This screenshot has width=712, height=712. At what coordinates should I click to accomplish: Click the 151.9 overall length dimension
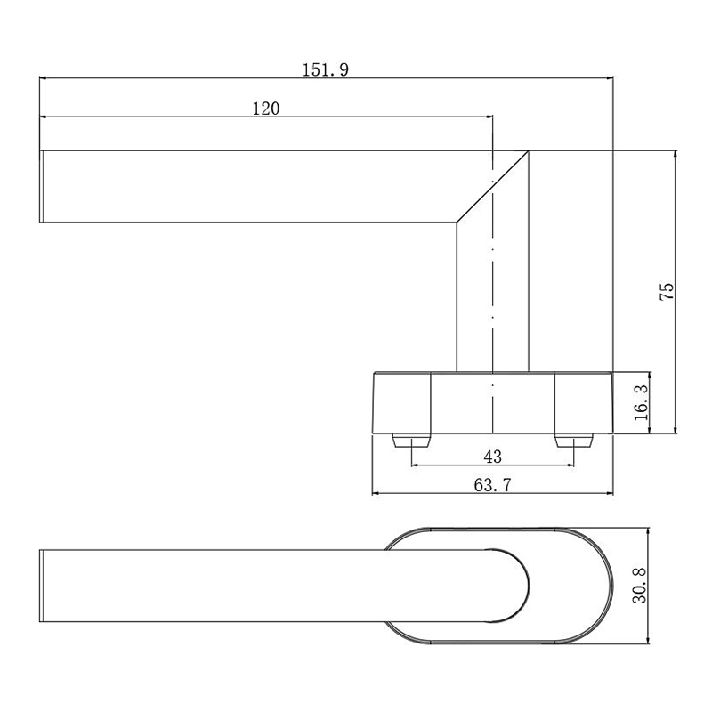(x=325, y=69)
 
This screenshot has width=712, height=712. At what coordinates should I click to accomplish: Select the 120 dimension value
(x=266, y=109)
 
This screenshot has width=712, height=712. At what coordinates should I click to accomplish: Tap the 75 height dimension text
(x=667, y=294)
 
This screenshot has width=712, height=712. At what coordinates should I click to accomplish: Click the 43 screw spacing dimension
(x=492, y=457)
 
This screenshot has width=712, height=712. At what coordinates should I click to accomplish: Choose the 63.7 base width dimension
(x=492, y=485)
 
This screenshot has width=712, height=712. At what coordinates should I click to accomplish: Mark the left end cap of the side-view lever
(x=42, y=186)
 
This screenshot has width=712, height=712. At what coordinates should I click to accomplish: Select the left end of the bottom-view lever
(x=42, y=585)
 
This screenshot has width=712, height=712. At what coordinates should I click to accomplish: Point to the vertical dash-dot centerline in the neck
(x=492, y=294)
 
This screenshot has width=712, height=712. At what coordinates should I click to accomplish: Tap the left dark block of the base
(x=400, y=403)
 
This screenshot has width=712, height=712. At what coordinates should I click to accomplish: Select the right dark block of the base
(x=584, y=403)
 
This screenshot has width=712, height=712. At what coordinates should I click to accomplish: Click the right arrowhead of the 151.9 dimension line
(x=609, y=77)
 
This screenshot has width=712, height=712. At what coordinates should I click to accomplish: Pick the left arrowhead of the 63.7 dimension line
(x=376, y=493)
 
